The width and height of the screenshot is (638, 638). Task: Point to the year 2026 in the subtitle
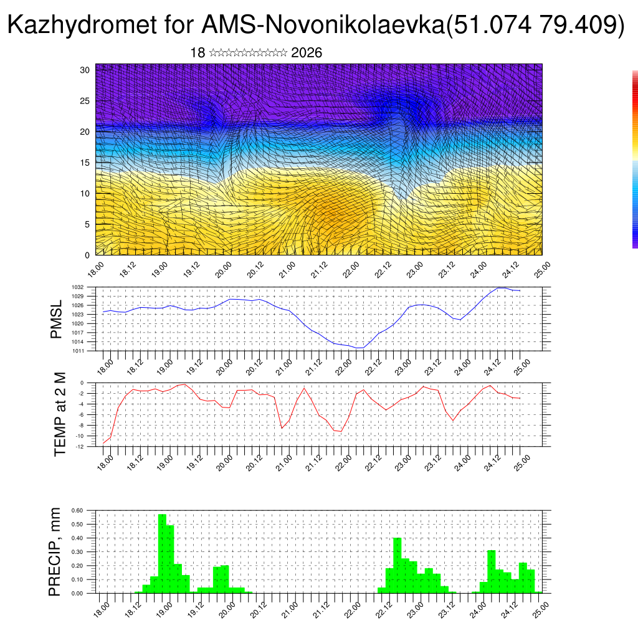click(x=307, y=53)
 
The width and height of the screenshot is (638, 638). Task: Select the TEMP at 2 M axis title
click(x=60, y=414)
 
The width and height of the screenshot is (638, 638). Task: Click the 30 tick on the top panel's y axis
click(x=85, y=70)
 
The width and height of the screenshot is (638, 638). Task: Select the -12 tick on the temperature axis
click(x=81, y=446)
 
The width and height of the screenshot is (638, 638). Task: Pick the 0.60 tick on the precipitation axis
click(x=77, y=510)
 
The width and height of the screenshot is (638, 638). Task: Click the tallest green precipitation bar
click(x=162, y=553)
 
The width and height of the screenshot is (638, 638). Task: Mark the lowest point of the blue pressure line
click(x=359, y=348)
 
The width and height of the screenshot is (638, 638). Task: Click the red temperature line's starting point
click(x=103, y=444)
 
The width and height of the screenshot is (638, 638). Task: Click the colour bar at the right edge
click(x=635, y=159)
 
